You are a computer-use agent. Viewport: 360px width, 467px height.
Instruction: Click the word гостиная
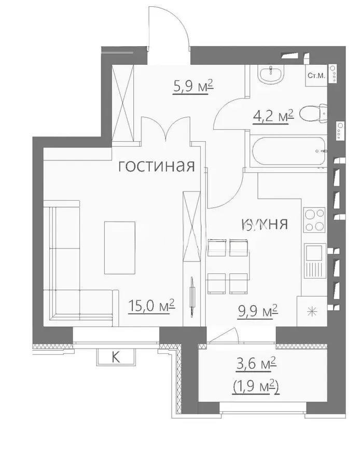(156, 166)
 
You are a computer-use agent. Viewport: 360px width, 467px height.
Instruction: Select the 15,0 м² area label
(151, 304)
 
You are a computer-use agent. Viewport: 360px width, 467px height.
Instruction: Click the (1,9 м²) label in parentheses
(253, 387)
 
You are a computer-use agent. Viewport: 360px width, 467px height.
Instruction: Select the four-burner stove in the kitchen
(314, 220)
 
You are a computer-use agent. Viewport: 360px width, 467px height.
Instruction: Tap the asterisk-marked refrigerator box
(312, 312)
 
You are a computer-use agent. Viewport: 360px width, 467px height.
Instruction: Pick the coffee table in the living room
(120, 248)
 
